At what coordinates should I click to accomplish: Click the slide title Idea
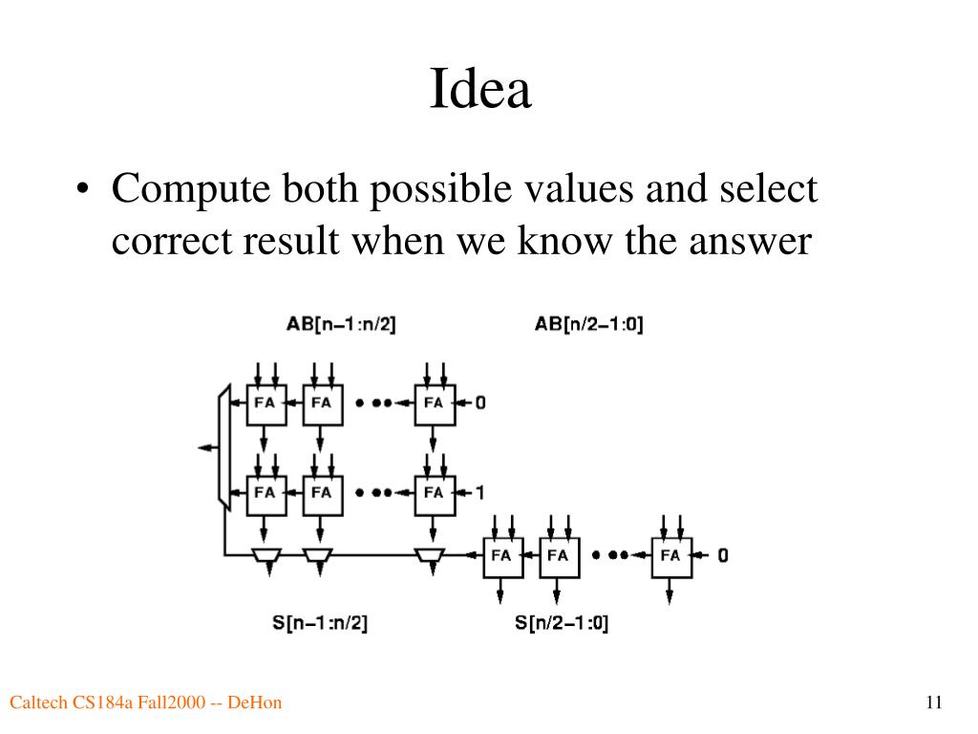point(479,90)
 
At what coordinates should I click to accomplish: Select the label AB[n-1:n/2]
point(341,324)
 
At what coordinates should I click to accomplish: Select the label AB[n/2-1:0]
point(588,324)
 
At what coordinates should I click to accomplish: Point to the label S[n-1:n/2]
point(320,623)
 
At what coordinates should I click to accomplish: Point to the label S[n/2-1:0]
point(562,623)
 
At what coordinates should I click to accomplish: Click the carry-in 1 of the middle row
point(479,493)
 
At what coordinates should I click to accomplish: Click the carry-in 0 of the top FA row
point(479,402)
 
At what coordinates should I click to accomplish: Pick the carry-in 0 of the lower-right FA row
point(723,554)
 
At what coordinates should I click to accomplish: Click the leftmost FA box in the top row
point(265,402)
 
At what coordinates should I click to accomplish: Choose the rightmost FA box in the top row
point(433,402)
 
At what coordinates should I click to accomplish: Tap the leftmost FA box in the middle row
point(265,493)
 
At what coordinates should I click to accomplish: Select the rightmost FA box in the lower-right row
point(670,554)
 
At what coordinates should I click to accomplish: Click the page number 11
point(934,703)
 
